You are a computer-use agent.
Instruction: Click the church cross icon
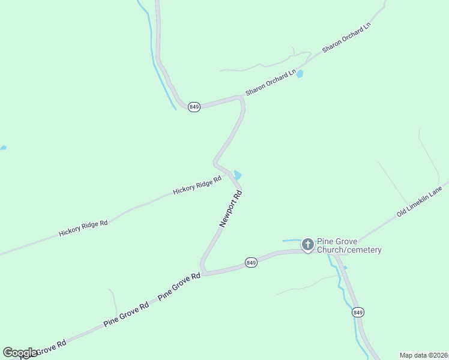pos(307,244)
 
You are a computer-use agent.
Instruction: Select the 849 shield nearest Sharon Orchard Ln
pos(194,107)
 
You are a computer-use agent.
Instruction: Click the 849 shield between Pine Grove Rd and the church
pos(252,263)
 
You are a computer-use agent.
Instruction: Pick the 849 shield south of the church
pos(358,313)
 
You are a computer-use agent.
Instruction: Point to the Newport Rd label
pos(231,208)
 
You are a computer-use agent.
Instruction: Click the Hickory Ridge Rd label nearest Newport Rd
pos(197,185)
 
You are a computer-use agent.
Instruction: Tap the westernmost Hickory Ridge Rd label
pos(83,227)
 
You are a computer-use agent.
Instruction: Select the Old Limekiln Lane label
pos(419,202)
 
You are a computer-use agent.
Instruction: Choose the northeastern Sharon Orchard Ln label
pos(347,37)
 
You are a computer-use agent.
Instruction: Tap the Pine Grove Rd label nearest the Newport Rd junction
pos(179,287)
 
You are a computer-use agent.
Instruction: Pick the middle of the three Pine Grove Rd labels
pos(125,314)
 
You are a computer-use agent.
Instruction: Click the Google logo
pos(20,353)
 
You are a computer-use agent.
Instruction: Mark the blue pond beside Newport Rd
pos(238,175)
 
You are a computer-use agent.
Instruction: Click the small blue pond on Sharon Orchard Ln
pos(300,74)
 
